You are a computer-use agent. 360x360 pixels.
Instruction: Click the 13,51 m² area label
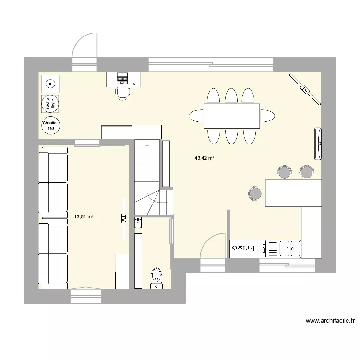pos(84,216)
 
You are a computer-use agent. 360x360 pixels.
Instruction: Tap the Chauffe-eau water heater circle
pos(50,126)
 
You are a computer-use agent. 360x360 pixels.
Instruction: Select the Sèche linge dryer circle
pos(50,104)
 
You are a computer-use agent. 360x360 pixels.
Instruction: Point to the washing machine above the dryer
pos(50,84)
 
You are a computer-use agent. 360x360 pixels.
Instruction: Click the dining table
pos(232,116)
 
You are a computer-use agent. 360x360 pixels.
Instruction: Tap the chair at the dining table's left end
pos(196,116)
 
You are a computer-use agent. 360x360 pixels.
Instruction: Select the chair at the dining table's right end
pos(267,116)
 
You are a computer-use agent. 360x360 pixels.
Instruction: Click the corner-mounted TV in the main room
pos(304,88)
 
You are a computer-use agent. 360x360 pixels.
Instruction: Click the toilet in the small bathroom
pos(156,278)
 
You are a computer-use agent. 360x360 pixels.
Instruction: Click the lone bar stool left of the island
pos(255,193)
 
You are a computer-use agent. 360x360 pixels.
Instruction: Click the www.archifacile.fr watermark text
pos(332,321)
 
